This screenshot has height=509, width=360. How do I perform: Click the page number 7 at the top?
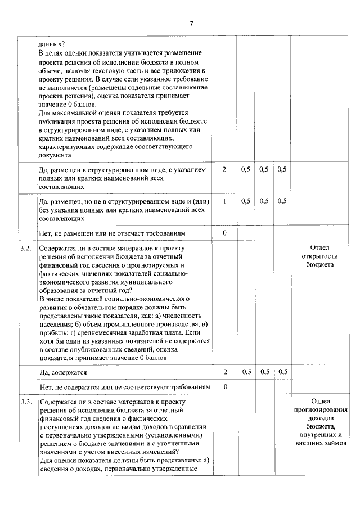pos(191,23)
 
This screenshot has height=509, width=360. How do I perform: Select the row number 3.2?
pos(25,248)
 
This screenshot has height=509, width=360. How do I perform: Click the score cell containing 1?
pos(224,200)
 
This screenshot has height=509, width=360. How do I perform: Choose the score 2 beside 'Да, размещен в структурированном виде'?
pos(224,169)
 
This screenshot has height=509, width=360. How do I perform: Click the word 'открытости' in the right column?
pos(319,256)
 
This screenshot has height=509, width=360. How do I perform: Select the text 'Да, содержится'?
pos(62,372)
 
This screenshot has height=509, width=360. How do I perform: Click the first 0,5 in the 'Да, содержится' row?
pos(245,372)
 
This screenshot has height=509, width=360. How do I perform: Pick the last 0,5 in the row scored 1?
pos(282,200)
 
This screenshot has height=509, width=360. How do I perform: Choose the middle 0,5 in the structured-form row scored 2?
pos(263,169)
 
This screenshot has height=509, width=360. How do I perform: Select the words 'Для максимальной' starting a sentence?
pos(67,113)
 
